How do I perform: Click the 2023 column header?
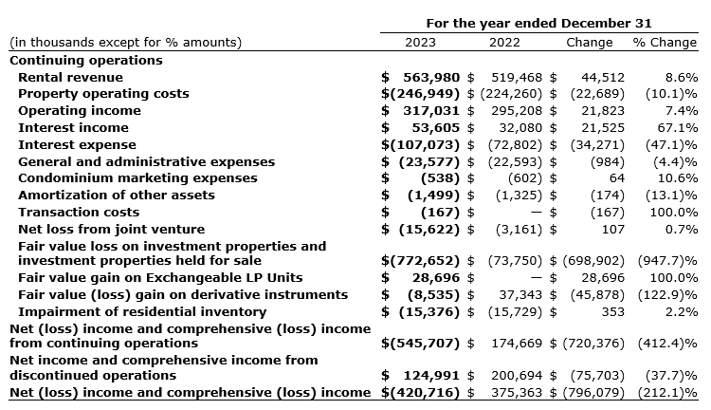point(420,43)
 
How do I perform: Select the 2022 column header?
point(504,43)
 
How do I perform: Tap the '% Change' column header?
point(665,43)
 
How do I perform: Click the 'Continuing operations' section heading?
point(85,60)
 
